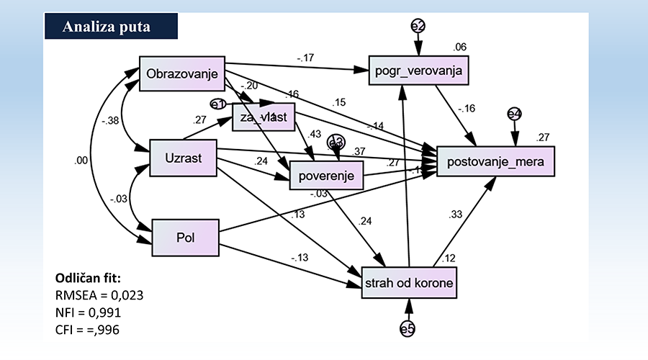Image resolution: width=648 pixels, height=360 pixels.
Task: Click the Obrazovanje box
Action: pyautogui.click(x=181, y=73)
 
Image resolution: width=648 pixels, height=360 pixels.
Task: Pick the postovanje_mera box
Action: pyautogui.click(x=496, y=158)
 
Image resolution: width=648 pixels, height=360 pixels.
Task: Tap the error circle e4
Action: pyautogui.click(x=514, y=114)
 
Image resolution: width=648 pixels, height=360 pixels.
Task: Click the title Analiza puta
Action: pyautogui.click(x=106, y=27)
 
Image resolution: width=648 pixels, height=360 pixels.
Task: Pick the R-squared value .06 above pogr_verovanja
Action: pyautogui.click(x=460, y=48)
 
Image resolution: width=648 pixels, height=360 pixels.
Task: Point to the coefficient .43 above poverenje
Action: pyautogui.click(x=315, y=135)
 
